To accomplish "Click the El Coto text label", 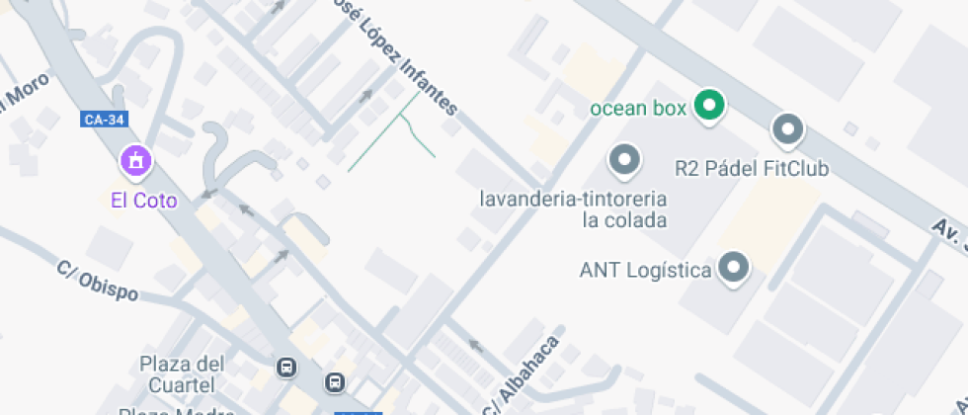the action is [143, 201].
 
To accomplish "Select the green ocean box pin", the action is [707, 106].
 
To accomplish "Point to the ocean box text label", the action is [637, 109].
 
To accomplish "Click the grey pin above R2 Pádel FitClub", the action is [787, 129].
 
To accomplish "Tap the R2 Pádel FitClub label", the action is [751, 168].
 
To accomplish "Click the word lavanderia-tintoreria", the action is [574, 198].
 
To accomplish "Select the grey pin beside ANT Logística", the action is [734, 267].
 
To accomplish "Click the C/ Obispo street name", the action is [97, 281].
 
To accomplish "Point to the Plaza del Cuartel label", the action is [182, 373].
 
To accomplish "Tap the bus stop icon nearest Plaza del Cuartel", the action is [286, 368].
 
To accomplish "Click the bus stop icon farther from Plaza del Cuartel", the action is [335, 381].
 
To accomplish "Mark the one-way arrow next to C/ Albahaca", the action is [475, 346].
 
